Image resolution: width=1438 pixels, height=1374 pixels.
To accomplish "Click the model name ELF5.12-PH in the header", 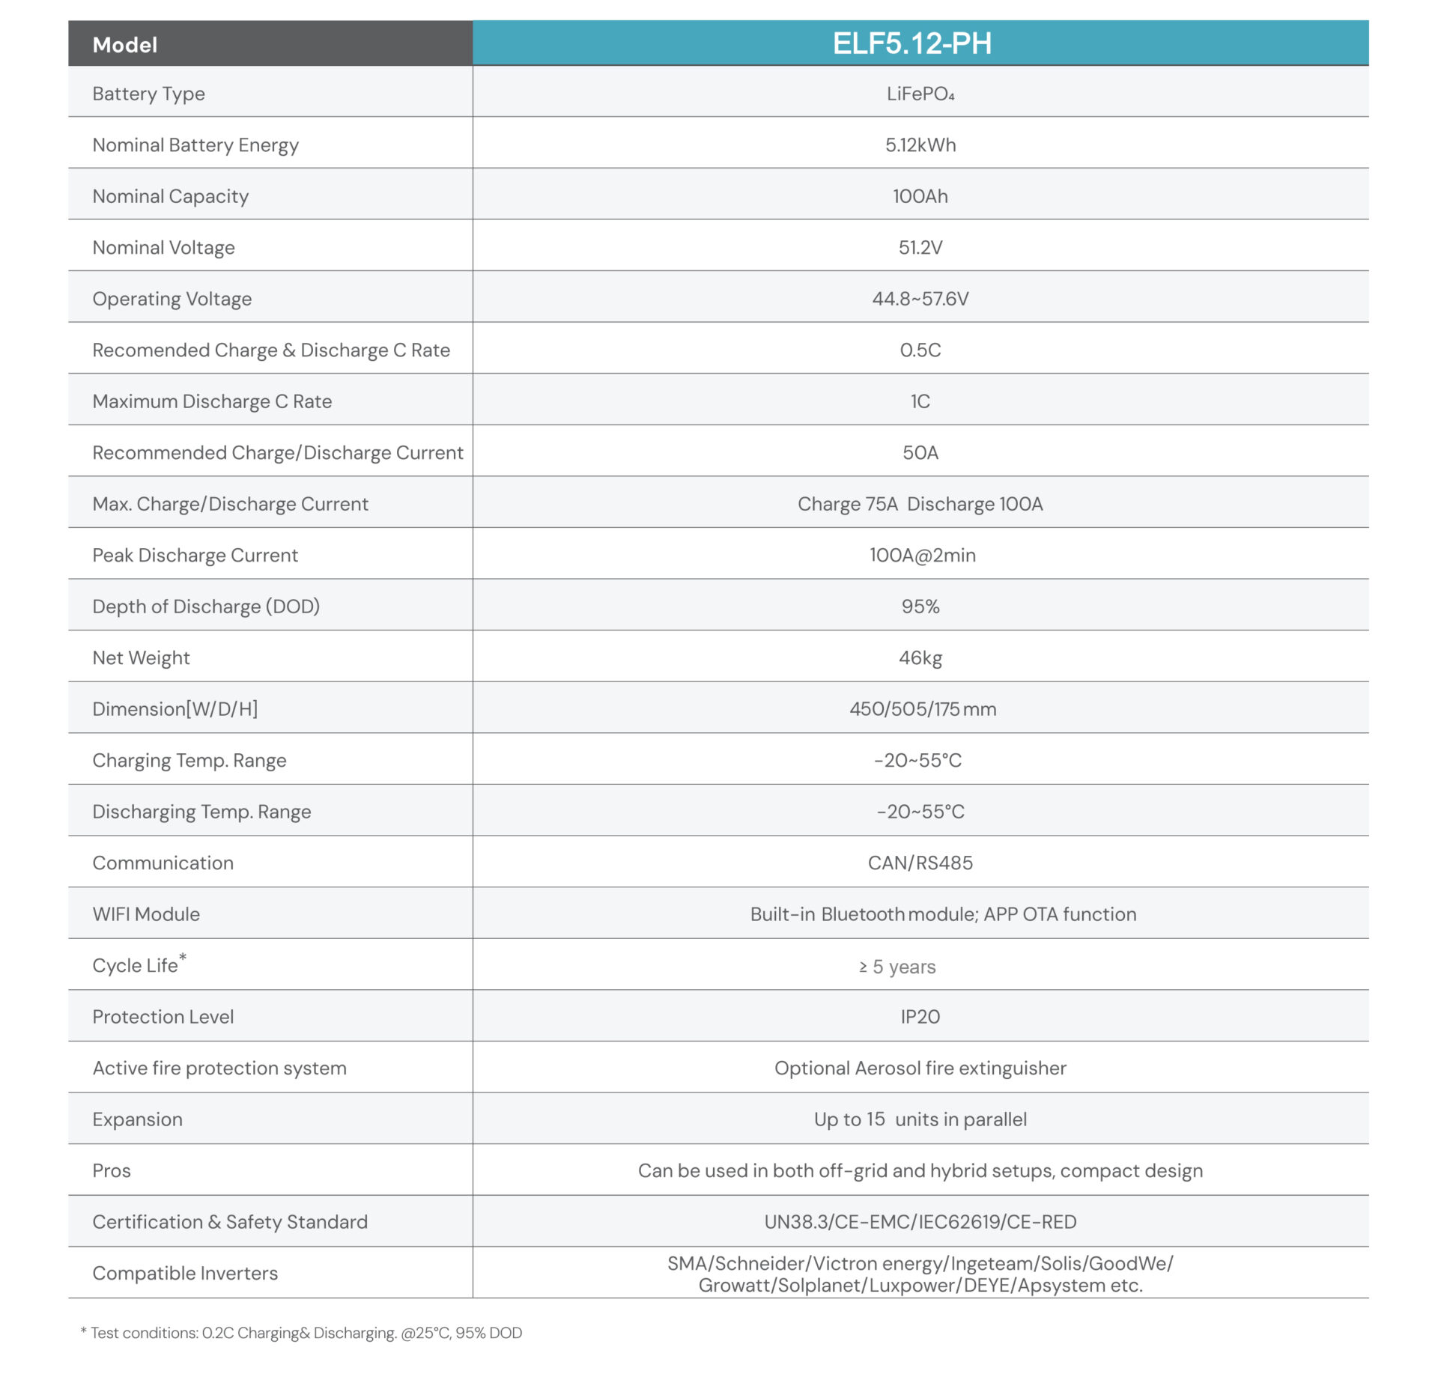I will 911,43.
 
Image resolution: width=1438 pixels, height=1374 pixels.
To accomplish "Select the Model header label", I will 124,45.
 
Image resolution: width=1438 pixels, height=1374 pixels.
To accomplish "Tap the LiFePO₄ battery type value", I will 920,94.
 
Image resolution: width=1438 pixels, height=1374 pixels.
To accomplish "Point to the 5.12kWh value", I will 920,145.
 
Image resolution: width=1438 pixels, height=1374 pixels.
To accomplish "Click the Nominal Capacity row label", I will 170,196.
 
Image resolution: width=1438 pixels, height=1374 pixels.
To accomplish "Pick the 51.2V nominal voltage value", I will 920,247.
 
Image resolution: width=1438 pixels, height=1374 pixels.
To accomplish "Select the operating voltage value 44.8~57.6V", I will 920,299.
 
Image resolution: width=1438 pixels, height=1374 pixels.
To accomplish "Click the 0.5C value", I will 920,350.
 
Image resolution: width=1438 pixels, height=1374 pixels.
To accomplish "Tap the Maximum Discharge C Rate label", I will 212,401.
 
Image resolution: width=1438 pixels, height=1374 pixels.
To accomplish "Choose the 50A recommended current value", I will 920,452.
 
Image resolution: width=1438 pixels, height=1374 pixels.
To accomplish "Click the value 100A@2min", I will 922,555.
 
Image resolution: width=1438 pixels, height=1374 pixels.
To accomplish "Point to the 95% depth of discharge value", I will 920,607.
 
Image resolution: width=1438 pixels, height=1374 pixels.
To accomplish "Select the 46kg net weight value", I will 920,657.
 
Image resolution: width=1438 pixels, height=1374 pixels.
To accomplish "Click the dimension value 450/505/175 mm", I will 922,709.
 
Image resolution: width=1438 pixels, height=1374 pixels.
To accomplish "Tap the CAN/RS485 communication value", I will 920,863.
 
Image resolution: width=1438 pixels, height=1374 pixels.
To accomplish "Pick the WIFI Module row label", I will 146,914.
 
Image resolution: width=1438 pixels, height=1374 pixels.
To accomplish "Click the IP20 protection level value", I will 920,1017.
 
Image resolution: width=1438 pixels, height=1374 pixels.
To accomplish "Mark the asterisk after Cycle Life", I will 183,957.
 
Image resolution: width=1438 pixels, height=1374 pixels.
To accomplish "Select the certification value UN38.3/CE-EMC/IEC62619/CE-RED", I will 920,1222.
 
